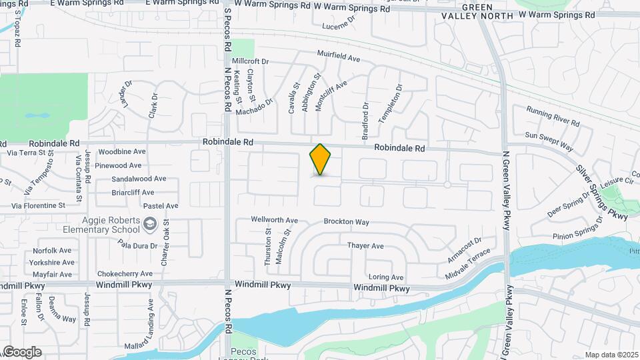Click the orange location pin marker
(x=320, y=159)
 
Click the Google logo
(x=22, y=351)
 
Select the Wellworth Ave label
(x=274, y=219)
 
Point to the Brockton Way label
(x=346, y=221)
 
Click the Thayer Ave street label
(x=365, y=246)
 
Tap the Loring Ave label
(x=386, y=277)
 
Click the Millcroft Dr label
(x=250, y=61)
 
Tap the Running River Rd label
(x=553, y=116)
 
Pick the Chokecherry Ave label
(x=125, y=273)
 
